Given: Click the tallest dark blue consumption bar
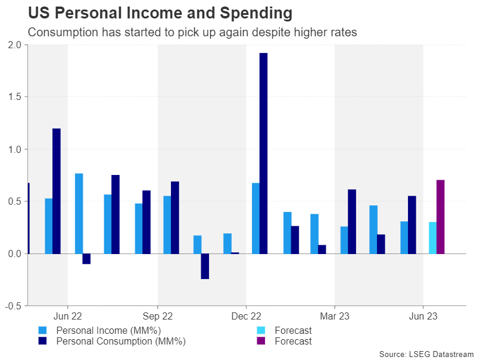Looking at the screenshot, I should (263, 153).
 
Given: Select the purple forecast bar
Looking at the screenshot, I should (440, 217).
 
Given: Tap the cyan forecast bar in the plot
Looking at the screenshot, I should (432, 237).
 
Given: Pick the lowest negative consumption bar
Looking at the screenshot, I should (204, 266).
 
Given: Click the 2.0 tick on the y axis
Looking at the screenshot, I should (15, 45).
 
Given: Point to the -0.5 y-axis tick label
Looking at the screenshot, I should (13, 306).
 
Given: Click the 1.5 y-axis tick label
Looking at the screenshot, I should (15, 97).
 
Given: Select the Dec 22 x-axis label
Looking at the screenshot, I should (246, 317).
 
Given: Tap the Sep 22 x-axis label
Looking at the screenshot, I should (157, 317).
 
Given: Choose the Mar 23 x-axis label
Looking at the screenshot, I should (335, 317).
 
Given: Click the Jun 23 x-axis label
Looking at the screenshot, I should (423, 317).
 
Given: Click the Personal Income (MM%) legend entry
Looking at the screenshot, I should (108, 330).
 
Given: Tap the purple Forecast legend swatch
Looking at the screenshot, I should (260, 342).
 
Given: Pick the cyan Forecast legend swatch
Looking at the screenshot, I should (260, 330).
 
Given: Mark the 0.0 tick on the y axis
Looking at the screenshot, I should (15, 254).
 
